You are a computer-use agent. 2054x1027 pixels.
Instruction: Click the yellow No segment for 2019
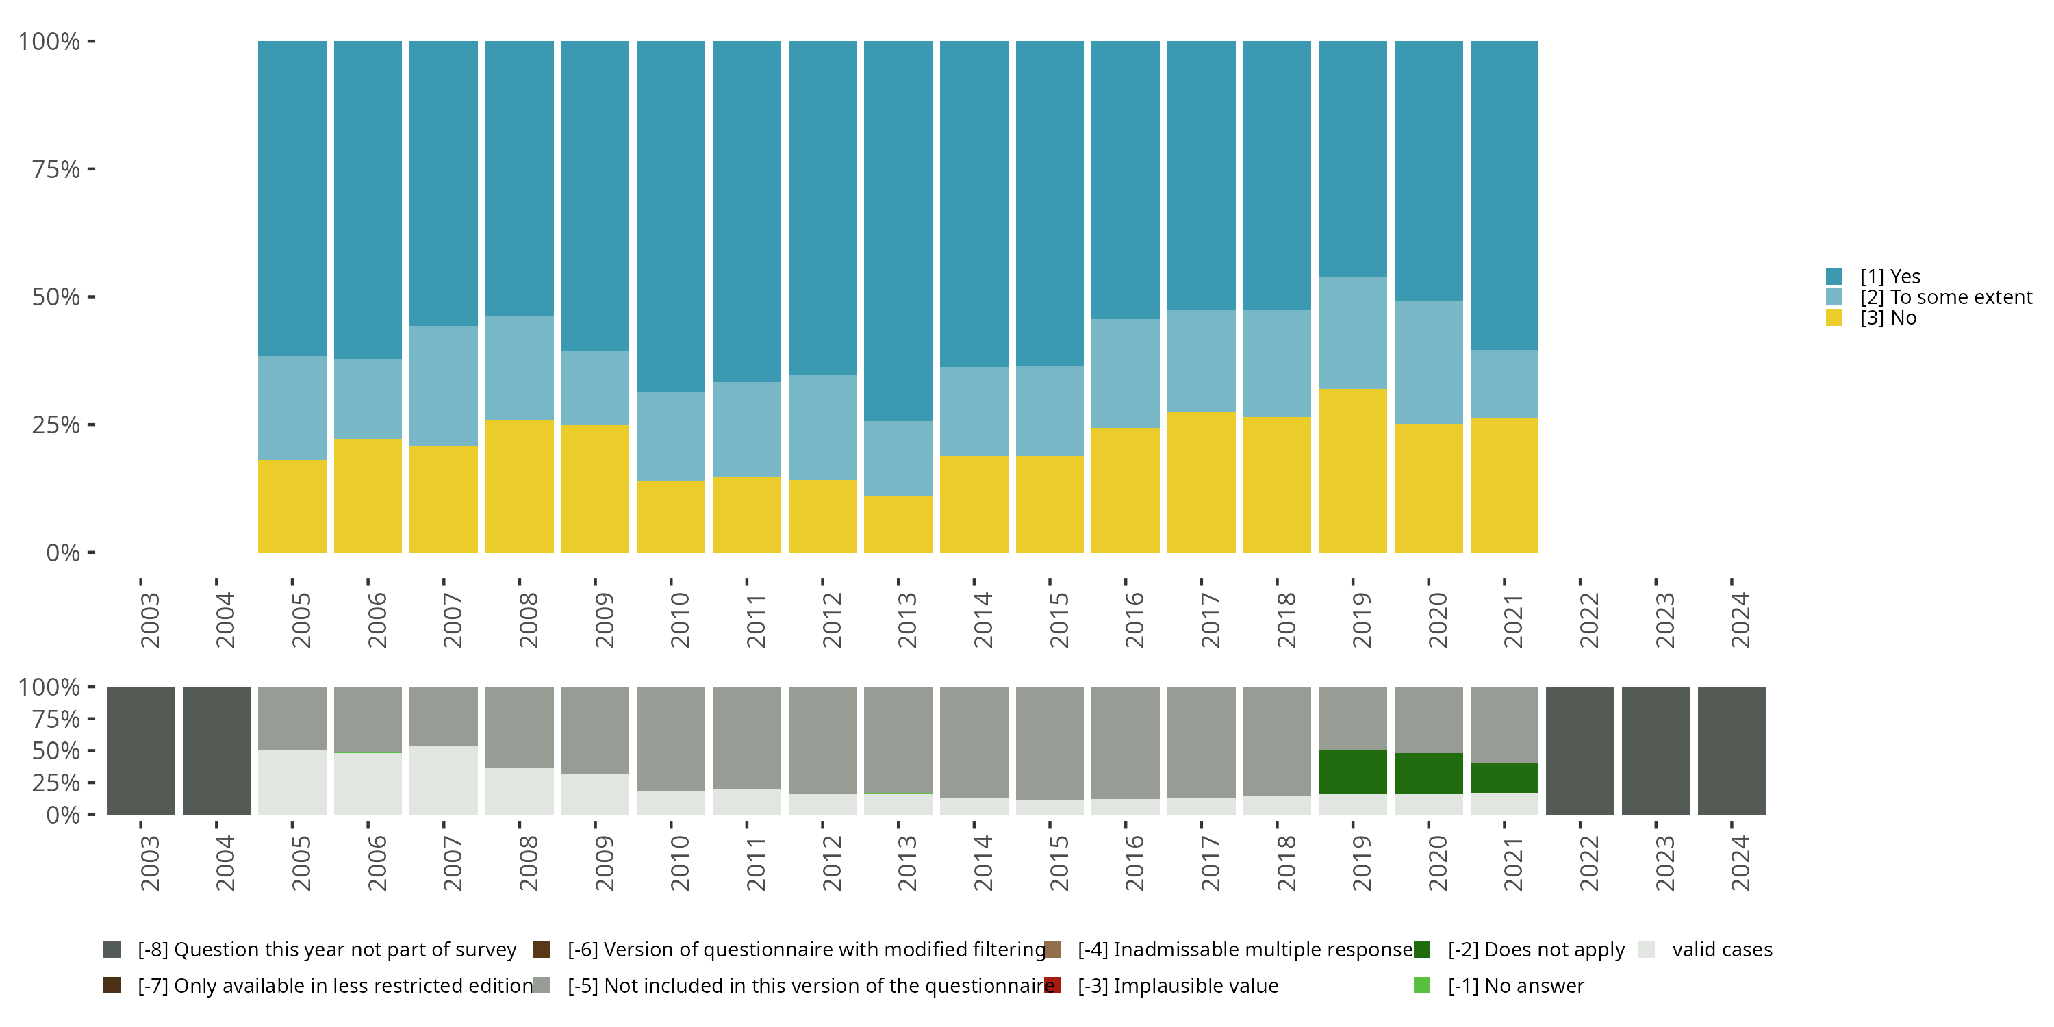tap(1352, 470)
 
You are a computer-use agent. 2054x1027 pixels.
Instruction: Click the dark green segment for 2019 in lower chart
tap(1352, 771)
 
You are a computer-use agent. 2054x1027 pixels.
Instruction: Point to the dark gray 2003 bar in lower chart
tap(140, 750)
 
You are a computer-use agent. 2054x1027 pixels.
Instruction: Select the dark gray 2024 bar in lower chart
tap(1731, 750)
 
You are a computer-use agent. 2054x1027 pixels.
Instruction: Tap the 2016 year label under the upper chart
tap(1134, 620)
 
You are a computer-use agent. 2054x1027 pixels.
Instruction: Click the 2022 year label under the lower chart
tap(1588, 863)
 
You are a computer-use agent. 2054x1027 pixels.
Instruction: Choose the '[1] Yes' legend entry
tap(1890, 277)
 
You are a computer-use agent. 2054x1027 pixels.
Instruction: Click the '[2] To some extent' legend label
tap(1946, 297)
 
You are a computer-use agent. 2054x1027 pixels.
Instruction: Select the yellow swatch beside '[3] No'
tap(1834, 318)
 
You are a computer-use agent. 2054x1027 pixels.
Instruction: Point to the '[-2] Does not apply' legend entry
tap(1536, 950)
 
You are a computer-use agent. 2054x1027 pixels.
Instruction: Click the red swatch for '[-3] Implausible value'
tap(1052, 985)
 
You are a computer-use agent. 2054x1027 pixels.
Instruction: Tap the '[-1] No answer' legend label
tap(1516, 985)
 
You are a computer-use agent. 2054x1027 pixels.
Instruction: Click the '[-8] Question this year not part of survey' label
tap(327, 950)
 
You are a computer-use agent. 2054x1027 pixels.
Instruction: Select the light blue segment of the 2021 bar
tap(1504, 383)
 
